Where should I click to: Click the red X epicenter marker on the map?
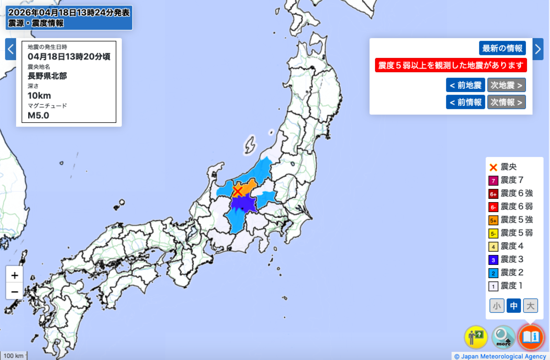click(238, 191)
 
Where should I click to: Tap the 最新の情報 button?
click(502, 48)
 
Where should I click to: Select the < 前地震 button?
click(465, 85)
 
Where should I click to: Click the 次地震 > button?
click(506, 85)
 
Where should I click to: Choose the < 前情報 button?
click(465, 102)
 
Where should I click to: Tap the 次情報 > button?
click(506, 102)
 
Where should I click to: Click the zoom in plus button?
click(15, 275)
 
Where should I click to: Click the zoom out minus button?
click(15, 292)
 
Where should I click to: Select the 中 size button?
click(514, 306)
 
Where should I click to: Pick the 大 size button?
click(530, 306)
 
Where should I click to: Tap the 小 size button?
click(497, 306)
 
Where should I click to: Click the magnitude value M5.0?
click(38, 115)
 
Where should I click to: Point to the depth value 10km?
click(39, 96)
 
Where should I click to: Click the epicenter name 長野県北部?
click(47, 76)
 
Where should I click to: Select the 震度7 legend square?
click(493, 181)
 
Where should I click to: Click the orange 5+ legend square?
click(493, 221)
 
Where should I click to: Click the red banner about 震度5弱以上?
click(451, 65)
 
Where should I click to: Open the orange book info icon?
click(531, 337)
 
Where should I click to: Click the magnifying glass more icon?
click(503, 337)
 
